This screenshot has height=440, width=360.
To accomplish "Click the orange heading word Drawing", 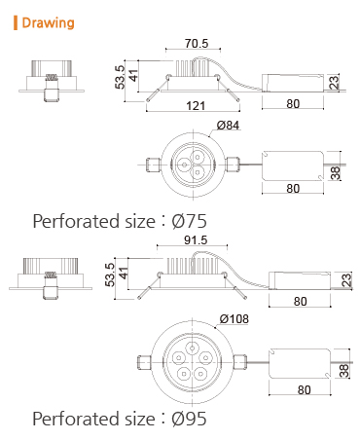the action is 48,23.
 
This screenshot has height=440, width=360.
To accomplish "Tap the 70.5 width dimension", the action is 197,44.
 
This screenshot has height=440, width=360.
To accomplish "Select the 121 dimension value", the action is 196,106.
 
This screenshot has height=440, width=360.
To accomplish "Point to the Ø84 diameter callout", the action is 228,126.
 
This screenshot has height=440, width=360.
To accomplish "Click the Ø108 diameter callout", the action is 234,319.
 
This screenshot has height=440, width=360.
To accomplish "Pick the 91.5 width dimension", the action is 196,240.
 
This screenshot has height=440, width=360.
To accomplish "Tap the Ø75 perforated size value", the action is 189,221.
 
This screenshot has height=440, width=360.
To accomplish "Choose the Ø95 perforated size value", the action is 189,419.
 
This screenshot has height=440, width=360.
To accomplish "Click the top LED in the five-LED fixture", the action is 193,348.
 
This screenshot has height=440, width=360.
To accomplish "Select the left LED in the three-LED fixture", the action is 184,165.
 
